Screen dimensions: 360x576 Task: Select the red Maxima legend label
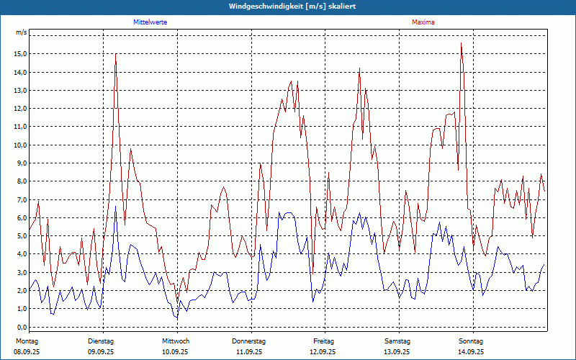click(x=423, y=22)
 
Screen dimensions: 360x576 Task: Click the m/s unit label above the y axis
click(x=22, y=32)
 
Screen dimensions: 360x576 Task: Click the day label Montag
click(x=27, y=341)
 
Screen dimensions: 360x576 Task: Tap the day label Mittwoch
click(x=176, y=341)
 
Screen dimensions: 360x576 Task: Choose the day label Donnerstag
click(x=249, y=341)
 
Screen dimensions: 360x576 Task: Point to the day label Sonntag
click(x=472, y=341)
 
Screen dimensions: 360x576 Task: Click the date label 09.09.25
click(x=102, y=352)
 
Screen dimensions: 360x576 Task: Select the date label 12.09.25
click(x=323, y=352)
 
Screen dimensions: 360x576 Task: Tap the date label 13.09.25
click(x=397, y=352)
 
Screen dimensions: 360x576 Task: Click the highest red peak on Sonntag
click(x=461, y=44)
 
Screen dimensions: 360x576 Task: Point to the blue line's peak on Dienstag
click(x=116, y=207)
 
